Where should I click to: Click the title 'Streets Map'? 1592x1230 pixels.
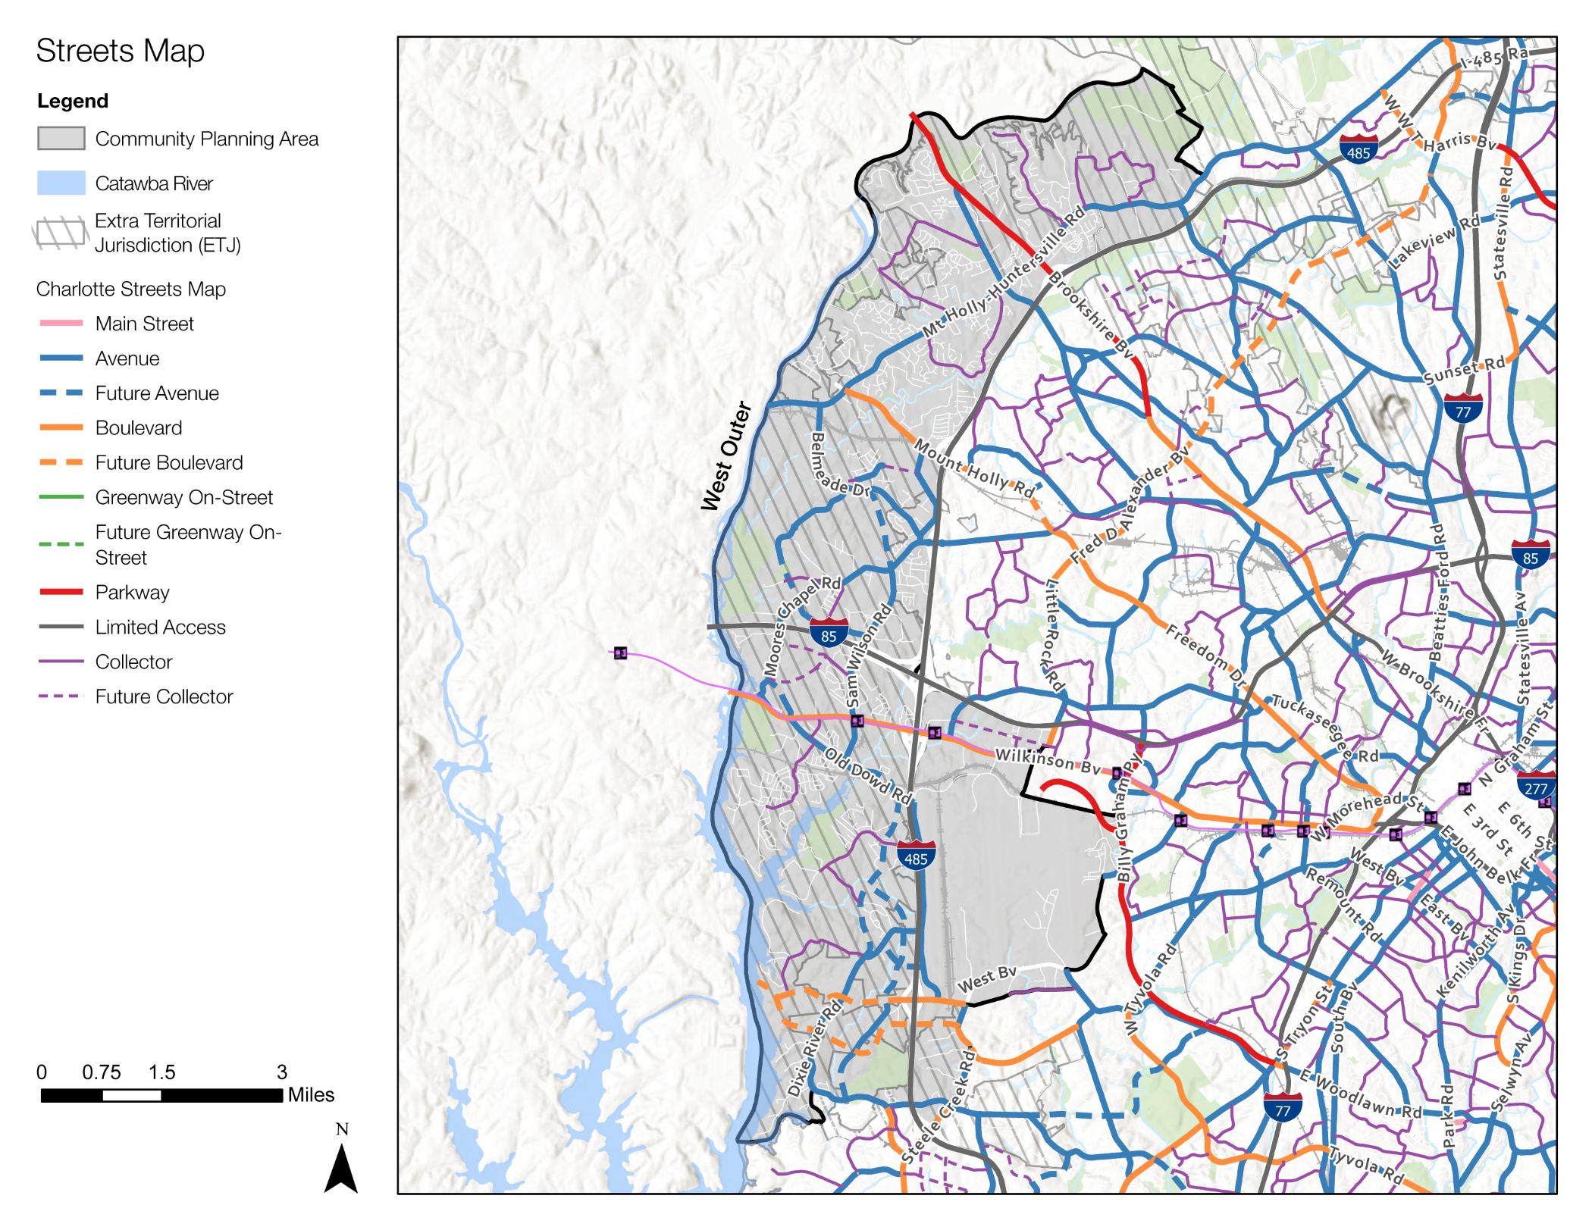tap(120, 51)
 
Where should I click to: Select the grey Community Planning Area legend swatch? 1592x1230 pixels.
tap(61, 138)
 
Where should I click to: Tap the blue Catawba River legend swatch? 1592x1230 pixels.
tap(61, 183)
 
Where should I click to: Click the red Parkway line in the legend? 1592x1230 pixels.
tap(61, 591)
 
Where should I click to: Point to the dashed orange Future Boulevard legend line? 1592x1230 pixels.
tap(61, 462)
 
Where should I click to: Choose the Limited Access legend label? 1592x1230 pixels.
tap(160, 627)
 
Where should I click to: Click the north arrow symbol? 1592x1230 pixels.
tap(341, 1167)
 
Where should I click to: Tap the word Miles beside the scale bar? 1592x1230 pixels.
tap(311, 1094)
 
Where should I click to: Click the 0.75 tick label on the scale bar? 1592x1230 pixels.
tap(101, 1072)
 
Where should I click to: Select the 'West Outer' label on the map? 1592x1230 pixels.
tap(725, 455)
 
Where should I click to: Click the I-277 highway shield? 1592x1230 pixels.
tap(1536, 786)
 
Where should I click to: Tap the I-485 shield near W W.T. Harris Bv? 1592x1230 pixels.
tap(1359, 150)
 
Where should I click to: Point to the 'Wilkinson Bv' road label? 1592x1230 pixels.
tap(1047, 762)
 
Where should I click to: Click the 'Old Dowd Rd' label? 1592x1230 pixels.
tap(867, 776)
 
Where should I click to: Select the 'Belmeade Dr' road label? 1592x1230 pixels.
tap(840, 464)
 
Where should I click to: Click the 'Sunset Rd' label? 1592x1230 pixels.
tap(1463, 370)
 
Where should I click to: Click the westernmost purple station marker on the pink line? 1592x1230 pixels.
tap(620, 653)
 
